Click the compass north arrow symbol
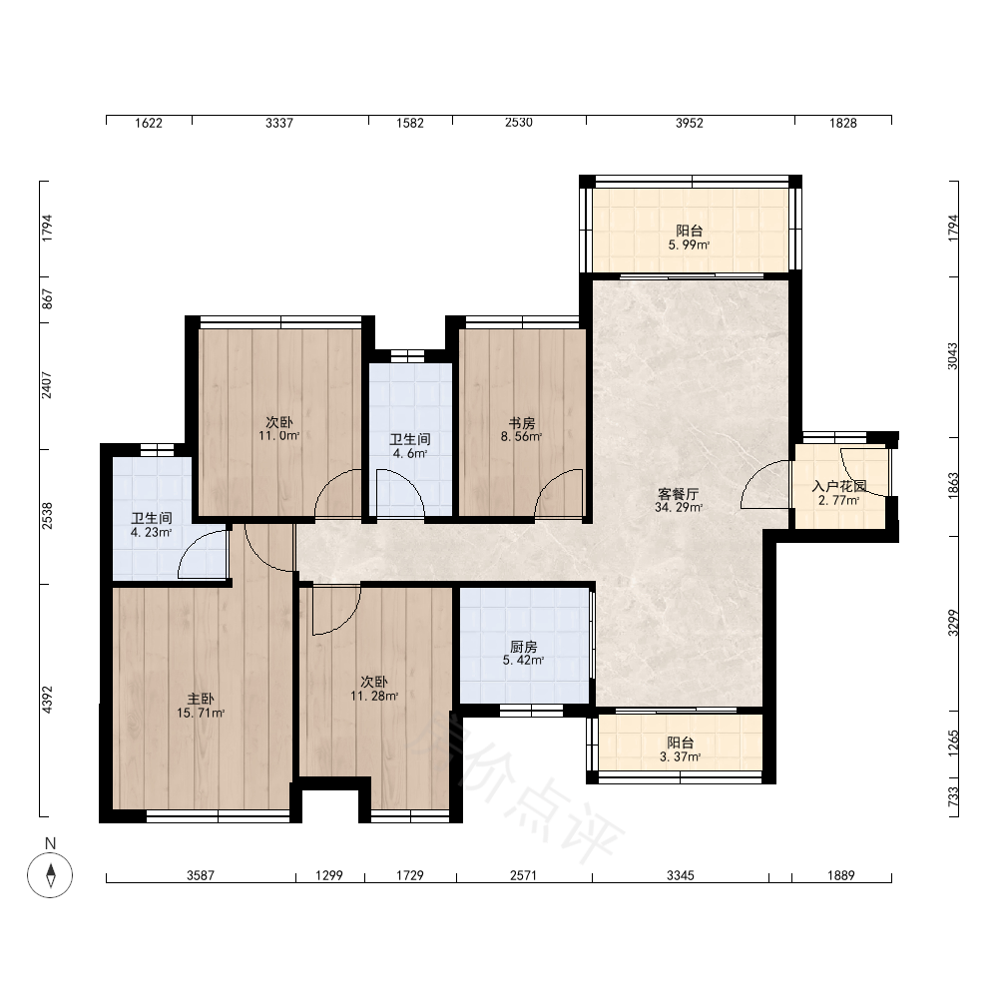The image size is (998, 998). (x=50, y=874)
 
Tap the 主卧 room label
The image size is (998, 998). (x=201, y=700)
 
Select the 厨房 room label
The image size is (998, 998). (x=524, y=647)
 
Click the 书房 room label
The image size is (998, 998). (x=521, y=422)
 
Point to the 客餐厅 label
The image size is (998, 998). (x=679, y=493)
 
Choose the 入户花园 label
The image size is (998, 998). (x=839, y=486)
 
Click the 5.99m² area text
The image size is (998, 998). (x=689, y=246)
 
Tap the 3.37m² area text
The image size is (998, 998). (x=680, y=756)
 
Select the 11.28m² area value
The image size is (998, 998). (x=374, y=696)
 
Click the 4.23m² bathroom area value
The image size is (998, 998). (x=151, y=532)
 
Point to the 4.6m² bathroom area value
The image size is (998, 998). (x=410, y=453)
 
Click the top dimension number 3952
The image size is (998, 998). (x=690, y=123)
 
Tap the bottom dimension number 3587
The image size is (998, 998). (x=201, y=875)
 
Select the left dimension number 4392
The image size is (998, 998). (x=47, y=699)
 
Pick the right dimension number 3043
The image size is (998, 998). (x=952, y=356)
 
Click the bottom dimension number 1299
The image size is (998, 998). (x=329, y=875)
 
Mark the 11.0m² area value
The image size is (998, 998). (x=278, y=436)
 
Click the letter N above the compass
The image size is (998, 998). (x=50, y=843)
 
